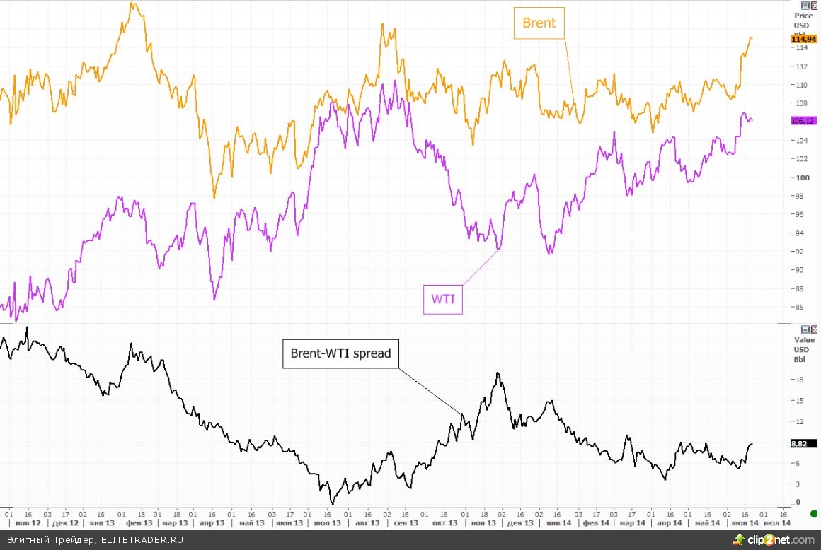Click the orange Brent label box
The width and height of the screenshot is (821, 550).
point(539,23)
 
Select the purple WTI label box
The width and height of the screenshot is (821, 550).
point(443,300)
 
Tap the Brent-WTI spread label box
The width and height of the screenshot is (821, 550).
point(340,353)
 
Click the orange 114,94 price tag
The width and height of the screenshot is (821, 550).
point(803,40)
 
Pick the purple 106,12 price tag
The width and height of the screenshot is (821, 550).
point(803,121)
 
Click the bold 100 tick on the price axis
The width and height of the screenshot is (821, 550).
point(802,177)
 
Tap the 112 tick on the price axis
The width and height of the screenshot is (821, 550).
point(801,67)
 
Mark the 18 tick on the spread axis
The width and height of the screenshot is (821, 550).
point(799,380)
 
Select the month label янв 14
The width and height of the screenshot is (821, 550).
point(558,523)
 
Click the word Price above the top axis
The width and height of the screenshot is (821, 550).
point(803,16)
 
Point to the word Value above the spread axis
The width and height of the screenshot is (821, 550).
point(805,340)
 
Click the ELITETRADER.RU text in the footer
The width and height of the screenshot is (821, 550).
point(142,539)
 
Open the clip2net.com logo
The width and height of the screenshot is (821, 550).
point(775,539)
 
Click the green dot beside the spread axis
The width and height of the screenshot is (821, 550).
point(813,513)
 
